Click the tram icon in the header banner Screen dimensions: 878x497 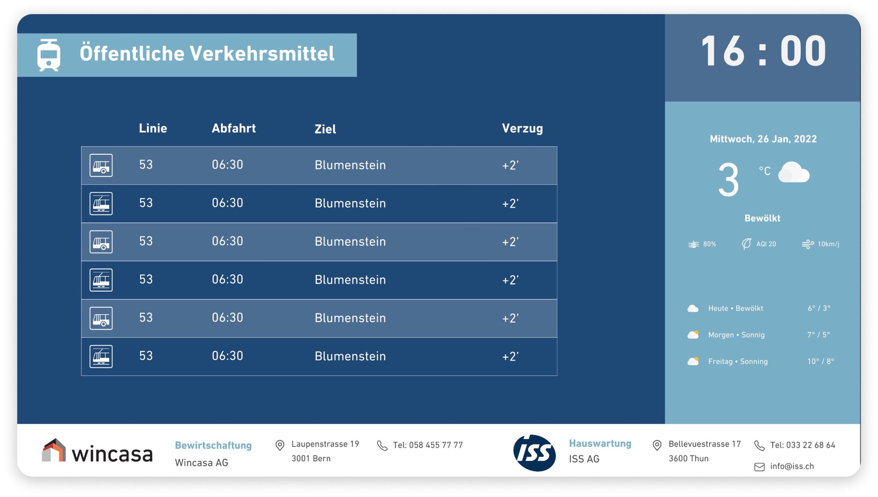49,55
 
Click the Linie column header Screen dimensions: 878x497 153,128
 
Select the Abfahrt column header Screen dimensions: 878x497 234,128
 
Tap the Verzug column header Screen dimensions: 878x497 522,129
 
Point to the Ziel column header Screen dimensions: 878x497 325,129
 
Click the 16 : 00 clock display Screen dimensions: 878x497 763,51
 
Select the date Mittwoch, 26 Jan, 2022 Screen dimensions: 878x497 763,139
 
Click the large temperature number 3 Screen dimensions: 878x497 728,180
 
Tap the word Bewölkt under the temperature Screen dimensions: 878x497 762,218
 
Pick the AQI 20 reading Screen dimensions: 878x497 766,244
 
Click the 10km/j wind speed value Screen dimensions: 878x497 828,244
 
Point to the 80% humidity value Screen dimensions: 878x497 709,244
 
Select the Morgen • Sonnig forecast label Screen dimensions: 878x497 736,335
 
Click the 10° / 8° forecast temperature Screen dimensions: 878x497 820,361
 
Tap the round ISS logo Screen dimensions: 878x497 534,453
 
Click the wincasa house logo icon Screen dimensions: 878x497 54,450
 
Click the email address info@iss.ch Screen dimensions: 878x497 792,466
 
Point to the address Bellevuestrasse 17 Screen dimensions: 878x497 704,444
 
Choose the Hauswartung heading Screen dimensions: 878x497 600,444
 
